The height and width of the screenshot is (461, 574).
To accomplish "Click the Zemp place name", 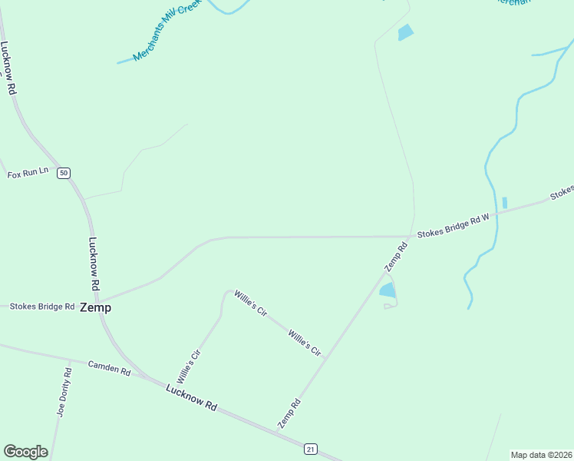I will point(95,307).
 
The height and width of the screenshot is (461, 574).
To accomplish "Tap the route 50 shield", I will point(64,173).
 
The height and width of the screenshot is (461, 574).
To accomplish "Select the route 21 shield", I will point(310,448).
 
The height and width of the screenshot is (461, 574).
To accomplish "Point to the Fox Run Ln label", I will point(28,174).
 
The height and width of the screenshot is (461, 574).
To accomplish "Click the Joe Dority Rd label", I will point(63,392).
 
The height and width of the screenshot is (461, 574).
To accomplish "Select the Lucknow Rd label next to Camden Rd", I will point(192,396).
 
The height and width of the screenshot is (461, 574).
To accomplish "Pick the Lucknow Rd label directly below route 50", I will point(94,263).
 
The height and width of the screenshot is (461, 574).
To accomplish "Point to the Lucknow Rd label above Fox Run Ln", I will point(9,68).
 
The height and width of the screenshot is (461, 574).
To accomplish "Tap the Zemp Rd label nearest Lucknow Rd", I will point(288,413).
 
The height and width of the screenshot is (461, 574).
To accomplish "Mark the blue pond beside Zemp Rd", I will point(388,290).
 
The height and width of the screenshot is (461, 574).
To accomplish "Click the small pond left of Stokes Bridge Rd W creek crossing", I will point(504,203).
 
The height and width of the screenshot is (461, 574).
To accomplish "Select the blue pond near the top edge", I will point(405,32).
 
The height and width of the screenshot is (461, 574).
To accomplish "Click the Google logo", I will point(25,452).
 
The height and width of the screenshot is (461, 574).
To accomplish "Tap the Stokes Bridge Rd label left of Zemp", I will point(41,307).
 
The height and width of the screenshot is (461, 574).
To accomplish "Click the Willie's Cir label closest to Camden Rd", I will point(188,366).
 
